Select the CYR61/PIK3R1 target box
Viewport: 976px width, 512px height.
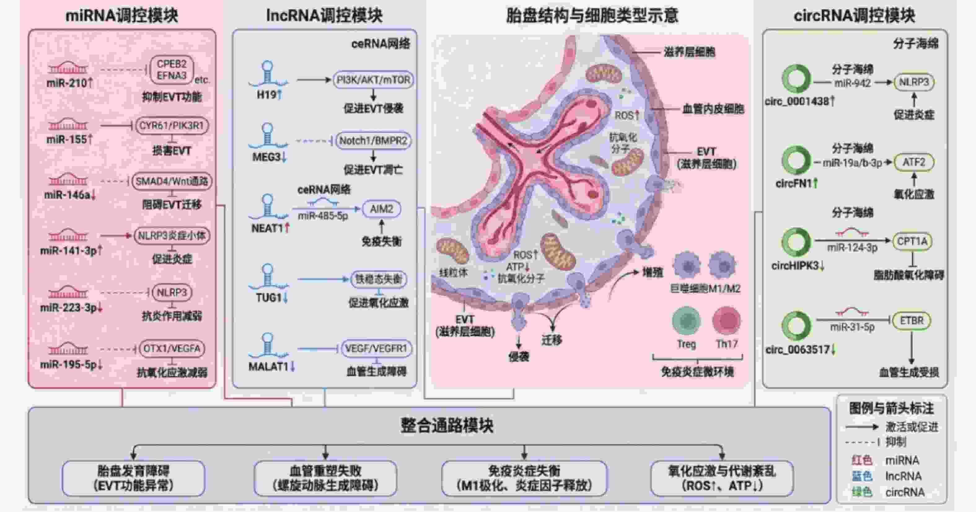(172, 126)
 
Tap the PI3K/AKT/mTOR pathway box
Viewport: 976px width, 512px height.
(373, 80)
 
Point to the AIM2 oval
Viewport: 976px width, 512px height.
(381, 209)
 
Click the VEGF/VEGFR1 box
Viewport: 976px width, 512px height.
(376, 349)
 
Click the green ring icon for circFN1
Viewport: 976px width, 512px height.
(796, 160)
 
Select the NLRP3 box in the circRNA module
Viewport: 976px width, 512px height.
(914, 82)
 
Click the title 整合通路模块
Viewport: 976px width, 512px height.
(447, 425)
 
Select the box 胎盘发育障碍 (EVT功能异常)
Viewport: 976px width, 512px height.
(133, 478)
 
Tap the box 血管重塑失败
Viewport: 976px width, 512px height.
(325, 478)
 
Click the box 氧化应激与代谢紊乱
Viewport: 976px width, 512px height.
(722, 478)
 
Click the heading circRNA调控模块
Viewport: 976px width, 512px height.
(854, 16)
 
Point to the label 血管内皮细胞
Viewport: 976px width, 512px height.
(713, 109)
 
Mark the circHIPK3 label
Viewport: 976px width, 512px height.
(798, 266)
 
